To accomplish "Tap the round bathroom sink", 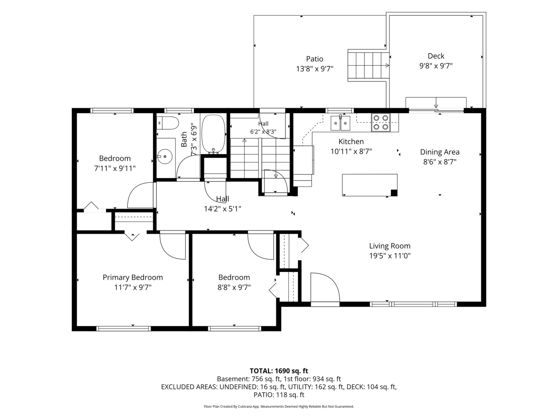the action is tap(165, 156).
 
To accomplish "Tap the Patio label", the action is tap(315, 59).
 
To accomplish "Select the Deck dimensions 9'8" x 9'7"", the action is tap(436, 66).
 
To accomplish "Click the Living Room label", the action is tap(390, 246).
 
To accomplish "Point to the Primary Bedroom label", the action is tap(133, 277).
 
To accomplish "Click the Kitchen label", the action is tap(351, 142).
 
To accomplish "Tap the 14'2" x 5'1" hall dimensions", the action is tap(222, 209).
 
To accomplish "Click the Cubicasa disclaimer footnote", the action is tap(279, 406).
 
